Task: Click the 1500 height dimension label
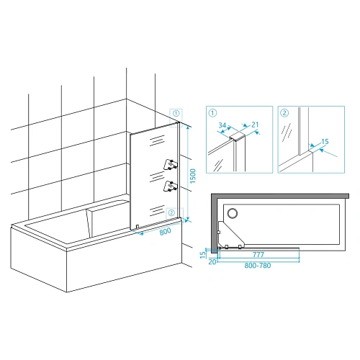pyautogui.click(x=193, y=176)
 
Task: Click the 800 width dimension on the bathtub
pyautogui.click(x=166, y=231)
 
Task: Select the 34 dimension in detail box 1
pyautogui.click(x=222, y=125)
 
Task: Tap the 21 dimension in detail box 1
pyautogui.click(x=255, y=125)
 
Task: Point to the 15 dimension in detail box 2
pyautogui.click(x=325, y=142)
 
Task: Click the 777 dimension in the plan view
pyautogui.click(x=258, y=255)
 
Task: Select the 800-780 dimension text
pyautogui.click(x=258, y=266)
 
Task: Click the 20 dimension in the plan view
pyautogui.click(x=212, y=262)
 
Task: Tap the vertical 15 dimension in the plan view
pyautogui.click(x=203, y=254)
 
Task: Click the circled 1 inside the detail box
pyautogui.click(x=212, y=113)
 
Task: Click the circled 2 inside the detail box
pyautogui.click(x=284, y=113)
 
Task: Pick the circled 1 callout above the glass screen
pyautogui.click(x=176, y=113)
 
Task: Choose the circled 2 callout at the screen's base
pyautogui.click(x=171, y=212)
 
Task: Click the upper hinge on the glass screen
pyautogui.click(x=171, y=165)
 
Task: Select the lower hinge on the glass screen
pyautogui.click(x=171, y=186)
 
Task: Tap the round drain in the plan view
pyautogui.click(x=233, y=213)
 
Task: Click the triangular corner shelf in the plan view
pyautogui.click(x=230, y=234)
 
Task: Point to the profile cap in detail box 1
pyautogui.click(x=238, y=136)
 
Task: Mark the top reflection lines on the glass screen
pyautogui.click(x=157, y=140)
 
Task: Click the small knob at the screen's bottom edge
pyautogui.click(x=138, y=227)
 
